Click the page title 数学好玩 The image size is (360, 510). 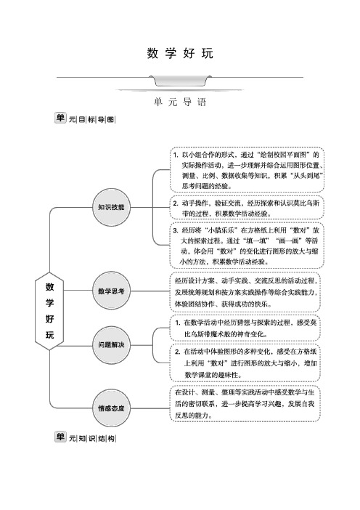[180, 53]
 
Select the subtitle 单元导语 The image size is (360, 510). [180, 102]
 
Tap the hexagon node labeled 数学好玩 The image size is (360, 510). [49, 311]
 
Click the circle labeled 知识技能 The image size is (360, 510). [111, 207]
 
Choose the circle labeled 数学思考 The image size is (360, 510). [111, 291]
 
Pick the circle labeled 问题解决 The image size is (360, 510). [111, 345]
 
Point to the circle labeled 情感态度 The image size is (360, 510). [111, 408]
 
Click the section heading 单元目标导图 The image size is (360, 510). [85, 118]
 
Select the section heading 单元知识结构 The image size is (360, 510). [85, 437]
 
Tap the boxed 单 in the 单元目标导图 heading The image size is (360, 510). [60, 118]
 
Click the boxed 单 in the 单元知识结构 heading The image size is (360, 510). [60, 437]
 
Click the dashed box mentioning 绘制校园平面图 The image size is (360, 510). [247, 170]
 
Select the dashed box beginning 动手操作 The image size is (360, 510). [247, 208]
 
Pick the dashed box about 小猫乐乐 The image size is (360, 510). [247, 246]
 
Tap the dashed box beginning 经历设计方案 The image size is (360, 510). [245, 292]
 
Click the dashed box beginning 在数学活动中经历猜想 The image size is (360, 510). [245, 328]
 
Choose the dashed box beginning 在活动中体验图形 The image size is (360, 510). [245, 363]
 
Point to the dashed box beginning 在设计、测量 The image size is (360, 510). [245, 404]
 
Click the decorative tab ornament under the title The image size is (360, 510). [180, 81]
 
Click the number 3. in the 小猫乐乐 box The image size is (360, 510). [176, 230]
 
